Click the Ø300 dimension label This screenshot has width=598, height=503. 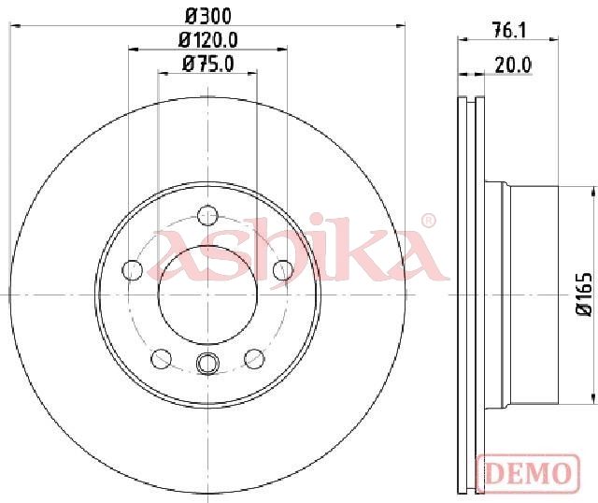(208, 17)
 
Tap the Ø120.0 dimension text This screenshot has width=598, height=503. (208, 39)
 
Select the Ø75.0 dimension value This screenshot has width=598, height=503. (208, 64)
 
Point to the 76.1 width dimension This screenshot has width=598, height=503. (508, 30)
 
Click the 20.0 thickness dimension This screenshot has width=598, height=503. (513, 65)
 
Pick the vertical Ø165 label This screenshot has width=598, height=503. (584, 294)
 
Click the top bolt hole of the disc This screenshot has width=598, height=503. (207, 215)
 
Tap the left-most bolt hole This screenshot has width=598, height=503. (132, 270)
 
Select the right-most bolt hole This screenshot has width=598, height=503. (283, 270)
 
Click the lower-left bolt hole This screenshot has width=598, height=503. (161, 359)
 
